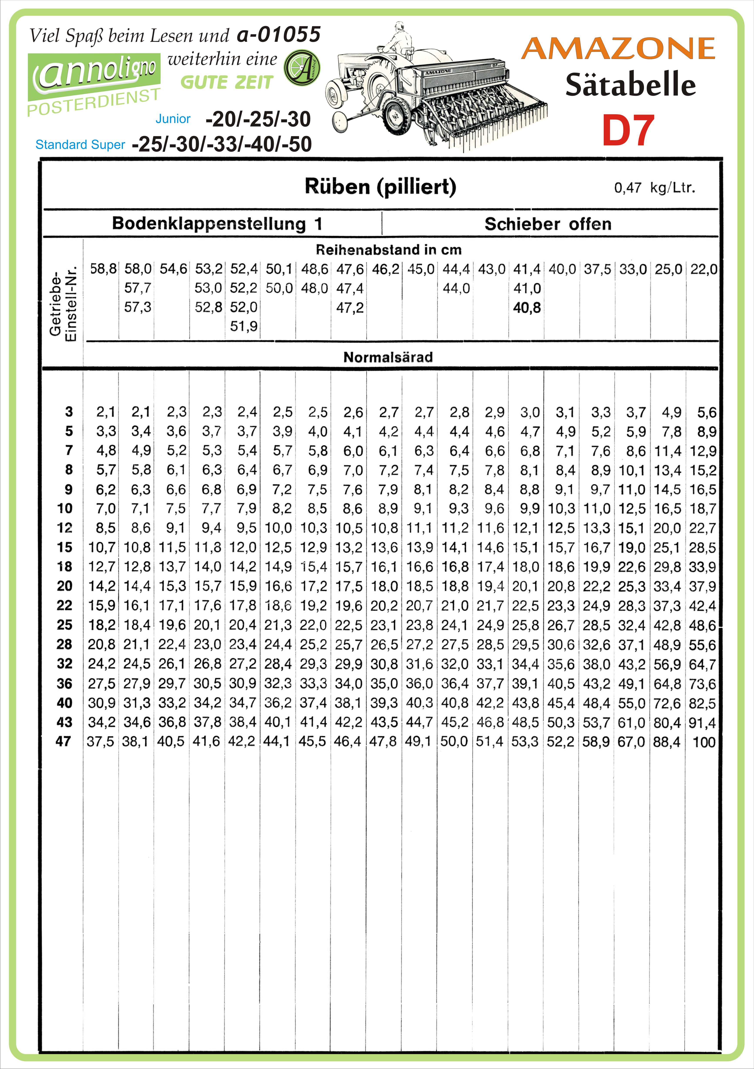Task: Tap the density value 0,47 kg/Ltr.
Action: (654, 188)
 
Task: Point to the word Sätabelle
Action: (630, 85)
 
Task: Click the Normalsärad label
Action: (388, 357)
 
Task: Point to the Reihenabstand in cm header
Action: (388, 250)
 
